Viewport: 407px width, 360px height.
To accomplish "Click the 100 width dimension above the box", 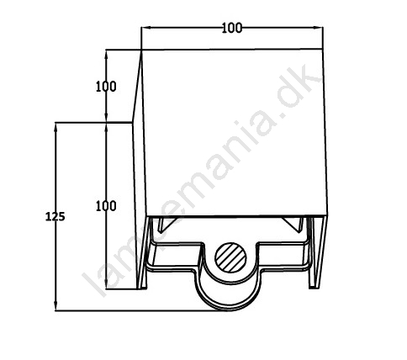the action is point(232,28).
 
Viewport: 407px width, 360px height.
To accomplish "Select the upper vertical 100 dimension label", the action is point(106,87).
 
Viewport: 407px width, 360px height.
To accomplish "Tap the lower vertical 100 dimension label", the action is point(106,206).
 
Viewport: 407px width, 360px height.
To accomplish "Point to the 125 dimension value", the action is point(55,216).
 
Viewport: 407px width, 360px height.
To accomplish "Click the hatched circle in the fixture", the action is point(230,257).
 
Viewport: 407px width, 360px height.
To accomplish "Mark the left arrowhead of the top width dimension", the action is point(146,28).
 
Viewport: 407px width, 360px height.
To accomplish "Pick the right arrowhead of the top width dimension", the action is point(318,28).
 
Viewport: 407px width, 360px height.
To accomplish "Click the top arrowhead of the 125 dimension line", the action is point(55,128).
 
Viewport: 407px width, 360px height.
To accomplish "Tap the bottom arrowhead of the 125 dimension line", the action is point(55,305).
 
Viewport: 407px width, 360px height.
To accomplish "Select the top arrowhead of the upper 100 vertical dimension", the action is point(106,55).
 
